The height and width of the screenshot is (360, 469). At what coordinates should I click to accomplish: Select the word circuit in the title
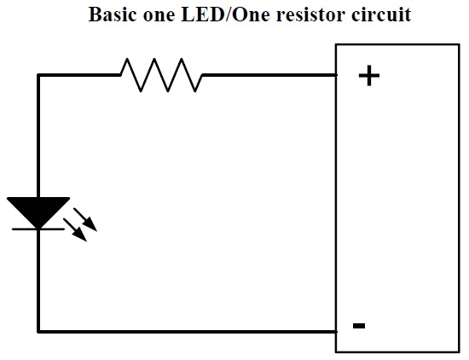381,15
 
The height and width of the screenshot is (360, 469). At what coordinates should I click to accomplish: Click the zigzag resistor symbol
161,75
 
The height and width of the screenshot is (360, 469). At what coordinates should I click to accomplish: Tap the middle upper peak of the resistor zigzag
154,59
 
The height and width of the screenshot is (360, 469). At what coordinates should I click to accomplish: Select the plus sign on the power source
369,75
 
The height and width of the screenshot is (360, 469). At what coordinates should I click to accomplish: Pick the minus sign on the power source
359,326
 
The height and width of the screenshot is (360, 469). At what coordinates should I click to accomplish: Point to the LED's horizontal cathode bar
38,229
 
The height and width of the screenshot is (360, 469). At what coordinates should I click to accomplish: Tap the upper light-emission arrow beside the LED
85,219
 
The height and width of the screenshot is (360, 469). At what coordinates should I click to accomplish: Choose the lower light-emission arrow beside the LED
75,229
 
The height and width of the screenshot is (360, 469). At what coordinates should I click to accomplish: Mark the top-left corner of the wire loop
38,75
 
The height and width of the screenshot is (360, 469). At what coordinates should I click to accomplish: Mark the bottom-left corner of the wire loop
38,332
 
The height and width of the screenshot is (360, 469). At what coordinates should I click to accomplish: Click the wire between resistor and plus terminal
269,75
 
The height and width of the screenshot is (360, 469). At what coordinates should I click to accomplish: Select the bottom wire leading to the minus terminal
188,332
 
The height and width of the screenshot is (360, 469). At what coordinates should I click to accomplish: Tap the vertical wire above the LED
38,136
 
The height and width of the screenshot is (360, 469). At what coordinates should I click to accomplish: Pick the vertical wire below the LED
38,281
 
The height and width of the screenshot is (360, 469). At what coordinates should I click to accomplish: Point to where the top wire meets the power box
336,75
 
